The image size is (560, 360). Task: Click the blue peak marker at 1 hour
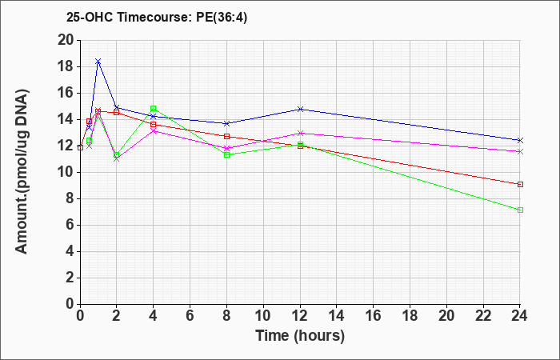pos(98,62)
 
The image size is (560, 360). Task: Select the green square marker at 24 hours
pos(520,210)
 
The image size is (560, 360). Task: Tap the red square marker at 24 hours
pos(520,184)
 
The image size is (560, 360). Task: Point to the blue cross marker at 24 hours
pos(520,140)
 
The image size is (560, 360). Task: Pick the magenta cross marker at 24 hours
pos(520,152)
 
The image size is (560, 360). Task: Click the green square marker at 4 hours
pos(154,108)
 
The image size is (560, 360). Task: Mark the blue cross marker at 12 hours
pos(300,109)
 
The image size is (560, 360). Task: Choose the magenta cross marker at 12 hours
pos(300,134)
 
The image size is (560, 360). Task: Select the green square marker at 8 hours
pos(226,154)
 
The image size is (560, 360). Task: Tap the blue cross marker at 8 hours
pos(226,123)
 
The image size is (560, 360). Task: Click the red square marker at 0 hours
pos(80,147)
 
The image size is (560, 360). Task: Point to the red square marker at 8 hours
pos(226,137)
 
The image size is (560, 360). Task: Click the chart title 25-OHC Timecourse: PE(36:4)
pos(157,18)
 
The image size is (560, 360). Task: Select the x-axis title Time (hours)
pos(300,336)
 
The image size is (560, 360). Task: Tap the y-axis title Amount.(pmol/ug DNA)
pos(22,172)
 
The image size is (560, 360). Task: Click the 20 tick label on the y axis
pos(66,40)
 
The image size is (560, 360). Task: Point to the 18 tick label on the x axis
pos(410,316)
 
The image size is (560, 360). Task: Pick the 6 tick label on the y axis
pos(70,226)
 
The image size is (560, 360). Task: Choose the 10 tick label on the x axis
pos(263,316)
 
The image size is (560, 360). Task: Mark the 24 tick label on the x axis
pos(520,316)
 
